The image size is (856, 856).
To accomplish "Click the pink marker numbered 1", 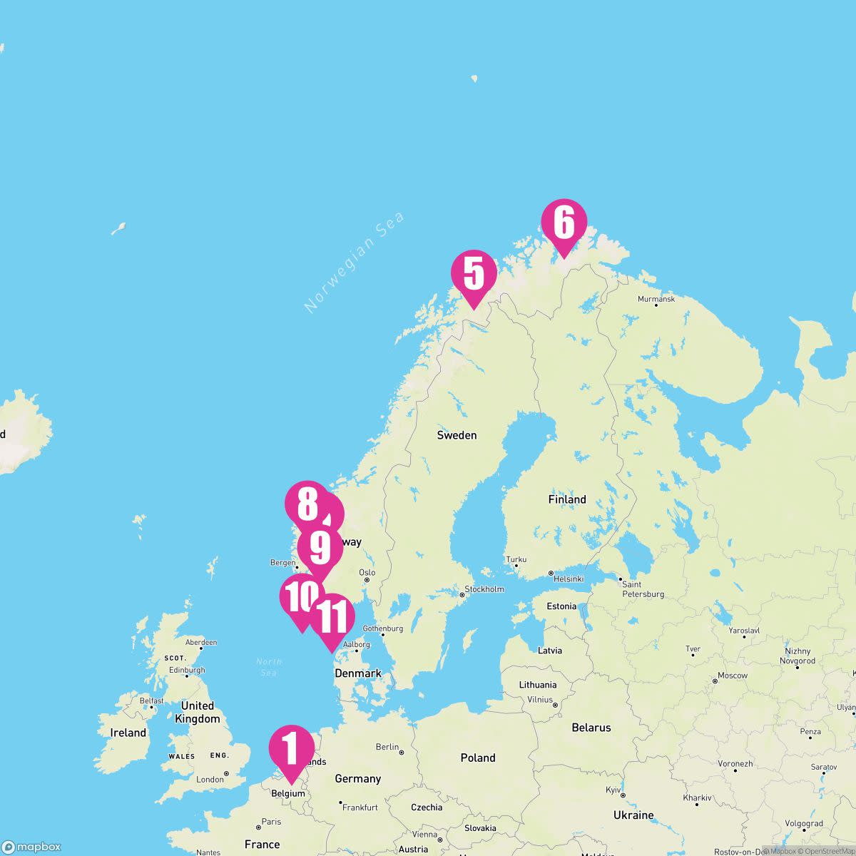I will (291, 749).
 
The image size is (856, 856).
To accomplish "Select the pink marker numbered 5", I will (474, 274).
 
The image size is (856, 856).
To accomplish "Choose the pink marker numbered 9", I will (320, 548).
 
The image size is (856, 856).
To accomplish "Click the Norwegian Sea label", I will (355, 262).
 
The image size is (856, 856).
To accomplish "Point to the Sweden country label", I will (457, 435).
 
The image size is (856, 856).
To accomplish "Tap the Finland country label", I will (567, 499).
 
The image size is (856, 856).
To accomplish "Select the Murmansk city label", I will (656, 299).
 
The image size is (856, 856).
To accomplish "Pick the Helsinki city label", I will (569, 579).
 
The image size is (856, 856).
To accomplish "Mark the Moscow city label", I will (732, 675).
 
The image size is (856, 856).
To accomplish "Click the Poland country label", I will (477, 758).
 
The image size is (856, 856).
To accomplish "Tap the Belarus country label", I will (591, 728).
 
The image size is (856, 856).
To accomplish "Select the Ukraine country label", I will (633, 815).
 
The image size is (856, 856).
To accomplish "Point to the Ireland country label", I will (128, 733).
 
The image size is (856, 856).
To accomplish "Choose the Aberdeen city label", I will (200, 642).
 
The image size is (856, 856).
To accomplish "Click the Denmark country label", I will (358, 673).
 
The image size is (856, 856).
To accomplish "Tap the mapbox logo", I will (31, 847).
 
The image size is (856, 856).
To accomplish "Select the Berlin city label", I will (387, 747).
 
